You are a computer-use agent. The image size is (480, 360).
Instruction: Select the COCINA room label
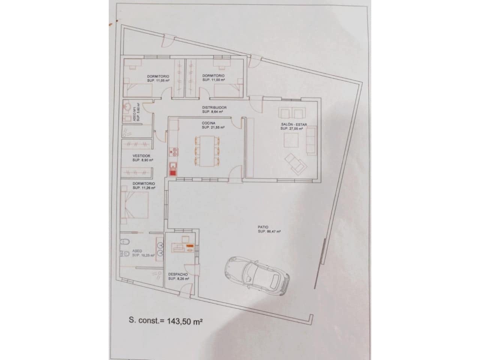[x=208, y=123]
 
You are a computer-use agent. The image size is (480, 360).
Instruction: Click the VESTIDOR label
[x=141, y=156]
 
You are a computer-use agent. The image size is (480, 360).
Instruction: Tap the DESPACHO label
[x=178, y=274]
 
